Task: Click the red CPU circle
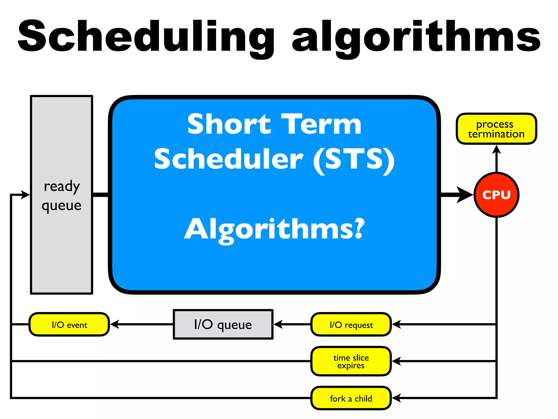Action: point(496,195)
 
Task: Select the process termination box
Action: point(496,129)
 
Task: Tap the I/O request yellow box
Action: point(351,324)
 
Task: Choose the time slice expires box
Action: point(351,361)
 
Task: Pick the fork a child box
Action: point(351,398)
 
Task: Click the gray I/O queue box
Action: point(223,324)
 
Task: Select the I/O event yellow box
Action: point(69,324)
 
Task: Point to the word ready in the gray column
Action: point(62,187)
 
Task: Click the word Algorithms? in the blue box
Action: point(274,229)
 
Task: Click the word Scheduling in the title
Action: point(146,37)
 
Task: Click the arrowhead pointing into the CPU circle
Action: point(465,195)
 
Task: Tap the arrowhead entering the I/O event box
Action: point(114,324)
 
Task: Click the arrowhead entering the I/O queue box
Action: point(278,324)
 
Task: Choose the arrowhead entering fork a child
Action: point(396,398)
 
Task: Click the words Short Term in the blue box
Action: point(274,124)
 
